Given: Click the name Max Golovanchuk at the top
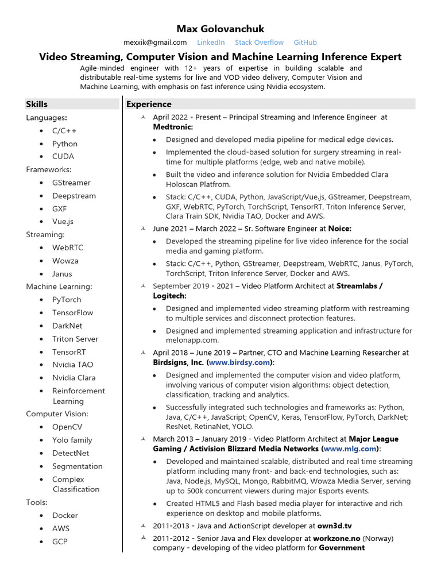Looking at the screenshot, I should (x=220, y=29).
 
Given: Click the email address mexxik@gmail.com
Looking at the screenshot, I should (x=155, y=42).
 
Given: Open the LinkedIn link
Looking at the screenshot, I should (x=211, y=42).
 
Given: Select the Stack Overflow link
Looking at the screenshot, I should (x=259, y=42).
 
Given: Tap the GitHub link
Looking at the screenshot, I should (x=305, y=42).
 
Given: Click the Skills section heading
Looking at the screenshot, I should (x=37, y=104).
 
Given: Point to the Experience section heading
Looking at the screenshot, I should (x=149, y=104).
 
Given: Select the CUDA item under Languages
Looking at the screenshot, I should (x=63, y=156).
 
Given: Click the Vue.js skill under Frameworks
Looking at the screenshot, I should (x=63, y=222).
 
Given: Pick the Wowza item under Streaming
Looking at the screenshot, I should (x=65, y=261).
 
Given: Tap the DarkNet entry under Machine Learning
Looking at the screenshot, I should (x=68, y=326).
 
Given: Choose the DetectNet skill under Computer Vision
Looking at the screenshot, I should (x=70, y=453).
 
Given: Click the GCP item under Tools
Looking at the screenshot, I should (x=60, y=541).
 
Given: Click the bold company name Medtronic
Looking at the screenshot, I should (x=173, y=127).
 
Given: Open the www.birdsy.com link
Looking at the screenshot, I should (x=239, y=363).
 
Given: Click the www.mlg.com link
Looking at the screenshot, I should (x=350, y=449).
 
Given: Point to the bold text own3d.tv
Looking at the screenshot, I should (x=335, y=525).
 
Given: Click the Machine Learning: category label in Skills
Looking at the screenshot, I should (x=59, y=287).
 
